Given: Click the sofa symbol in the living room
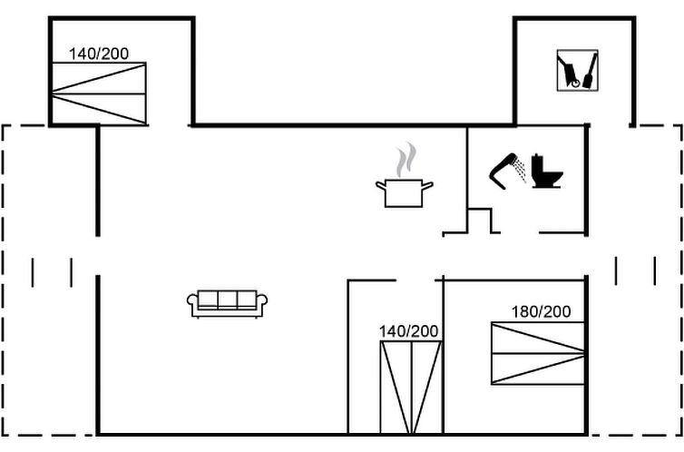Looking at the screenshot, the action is point(227,304).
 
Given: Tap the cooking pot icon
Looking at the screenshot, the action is point(404,192).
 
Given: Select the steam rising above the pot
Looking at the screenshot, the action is point(406,160).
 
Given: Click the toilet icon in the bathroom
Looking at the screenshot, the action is point(547,171).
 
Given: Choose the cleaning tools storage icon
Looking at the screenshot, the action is point(578,71).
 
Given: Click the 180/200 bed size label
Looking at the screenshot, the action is point(541,312).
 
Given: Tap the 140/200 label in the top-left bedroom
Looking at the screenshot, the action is point(99,54).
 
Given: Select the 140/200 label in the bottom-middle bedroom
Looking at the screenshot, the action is point(409,331).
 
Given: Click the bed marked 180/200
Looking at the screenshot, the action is point(538,353).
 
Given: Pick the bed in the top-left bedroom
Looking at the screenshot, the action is point(99,93).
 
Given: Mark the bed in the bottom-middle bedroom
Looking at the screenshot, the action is point(411,388).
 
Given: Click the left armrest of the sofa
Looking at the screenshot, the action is point(192,302).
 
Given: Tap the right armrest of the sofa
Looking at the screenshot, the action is point(262,302).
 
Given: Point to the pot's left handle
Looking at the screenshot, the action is point(381,186).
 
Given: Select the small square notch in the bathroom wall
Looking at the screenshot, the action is point(479,221).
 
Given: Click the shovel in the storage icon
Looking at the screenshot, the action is point(590,71).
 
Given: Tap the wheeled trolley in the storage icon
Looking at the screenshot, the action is point(570,71).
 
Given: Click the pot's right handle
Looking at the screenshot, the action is point(427,186).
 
